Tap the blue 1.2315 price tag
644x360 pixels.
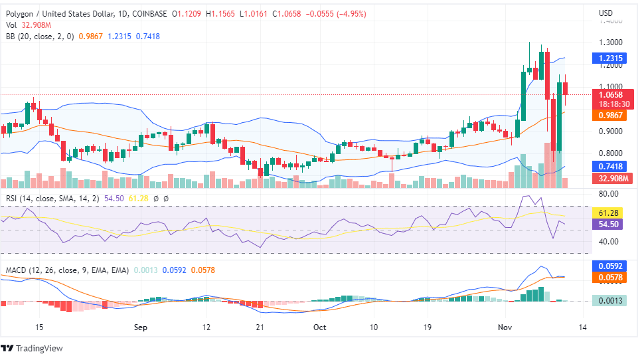pyautogui.click(x=610, y=58)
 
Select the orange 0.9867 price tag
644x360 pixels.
pyautogui.click(x=610, y=115)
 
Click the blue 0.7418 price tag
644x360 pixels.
pyautogui.click(x=610, y=166)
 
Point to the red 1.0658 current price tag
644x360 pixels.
pyautogui.click(x=610, y=95)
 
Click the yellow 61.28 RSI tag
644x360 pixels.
pyautogui.click(x=609, y=213)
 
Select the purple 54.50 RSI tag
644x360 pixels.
pyautogui.click(x=609, y=225)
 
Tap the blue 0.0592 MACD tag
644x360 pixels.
pyautogui.click(x=610, y=266)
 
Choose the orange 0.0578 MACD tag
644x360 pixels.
pyautogui.click(x=610, y=277)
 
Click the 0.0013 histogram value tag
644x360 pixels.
pyautogui.click(x=610, y=300)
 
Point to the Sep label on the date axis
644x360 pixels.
pyautogui.click(x=139, y=327)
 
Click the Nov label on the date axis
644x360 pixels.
pyautogui.click(x=506, y=327)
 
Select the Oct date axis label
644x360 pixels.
pyautogui.click(x=320, y=327)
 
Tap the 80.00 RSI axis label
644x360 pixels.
pyautogui.click(x=608, y=194)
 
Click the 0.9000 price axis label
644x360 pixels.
pyautogui.click(x=610, y=132)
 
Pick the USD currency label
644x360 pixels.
pyautogui.click(x=605, y=13)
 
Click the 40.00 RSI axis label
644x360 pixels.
pyautogui.click(x=608, y=242)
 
